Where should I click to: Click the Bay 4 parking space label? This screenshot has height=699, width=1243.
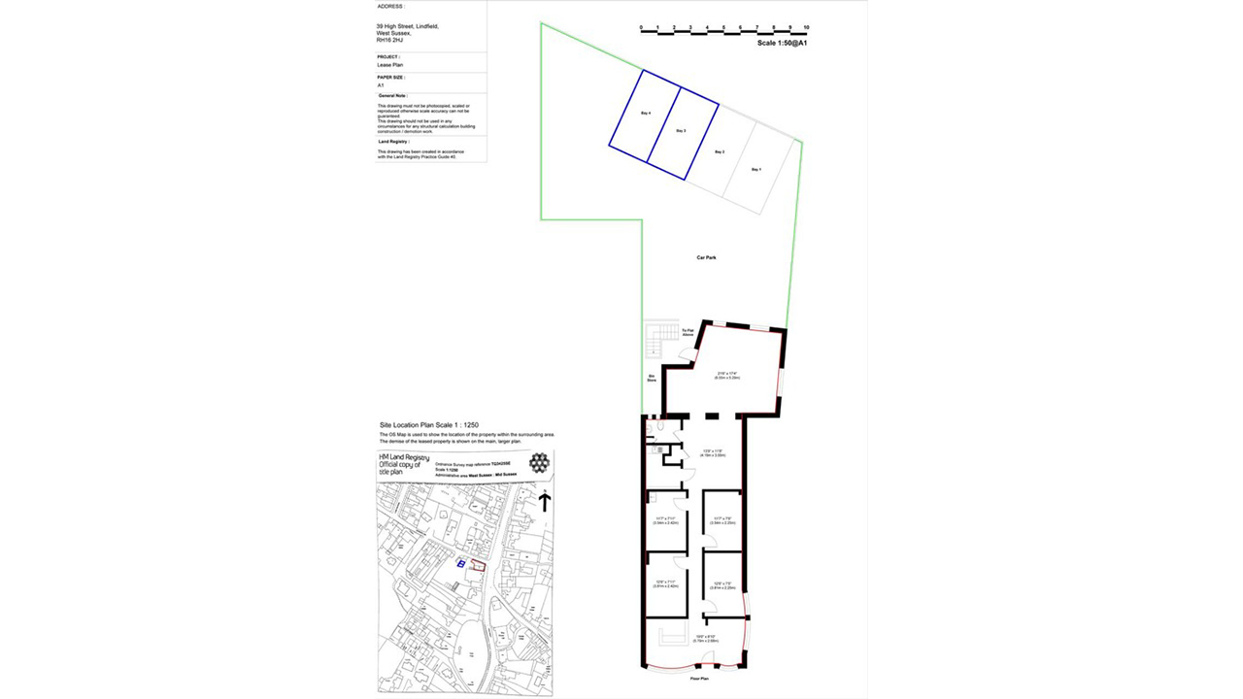(x=645, y=115)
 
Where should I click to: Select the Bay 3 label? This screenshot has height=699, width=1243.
(x=682, y=131)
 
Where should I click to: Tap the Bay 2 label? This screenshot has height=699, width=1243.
(x=720, y=152)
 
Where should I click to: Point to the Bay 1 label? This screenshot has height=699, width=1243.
(x=756, y=170)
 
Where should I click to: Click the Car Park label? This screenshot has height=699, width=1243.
(x=706, y=257)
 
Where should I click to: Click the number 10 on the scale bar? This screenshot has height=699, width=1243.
(x=807, y=27)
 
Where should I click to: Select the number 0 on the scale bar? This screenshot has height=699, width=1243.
(x=641, y=27)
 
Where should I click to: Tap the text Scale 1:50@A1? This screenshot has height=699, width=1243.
(x=784, y=44)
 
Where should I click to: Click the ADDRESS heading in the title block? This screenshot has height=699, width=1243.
(x=390, y=6)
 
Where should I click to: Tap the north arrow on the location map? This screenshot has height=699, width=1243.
(x=545, y=501)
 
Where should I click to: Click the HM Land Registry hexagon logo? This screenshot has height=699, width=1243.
(x=538, y=463)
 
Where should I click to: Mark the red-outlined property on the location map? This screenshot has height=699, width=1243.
(x=476, y=565)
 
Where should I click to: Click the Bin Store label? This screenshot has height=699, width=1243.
(x=652, y=379)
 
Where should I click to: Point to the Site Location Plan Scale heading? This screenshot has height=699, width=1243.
(x=428, y=425)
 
